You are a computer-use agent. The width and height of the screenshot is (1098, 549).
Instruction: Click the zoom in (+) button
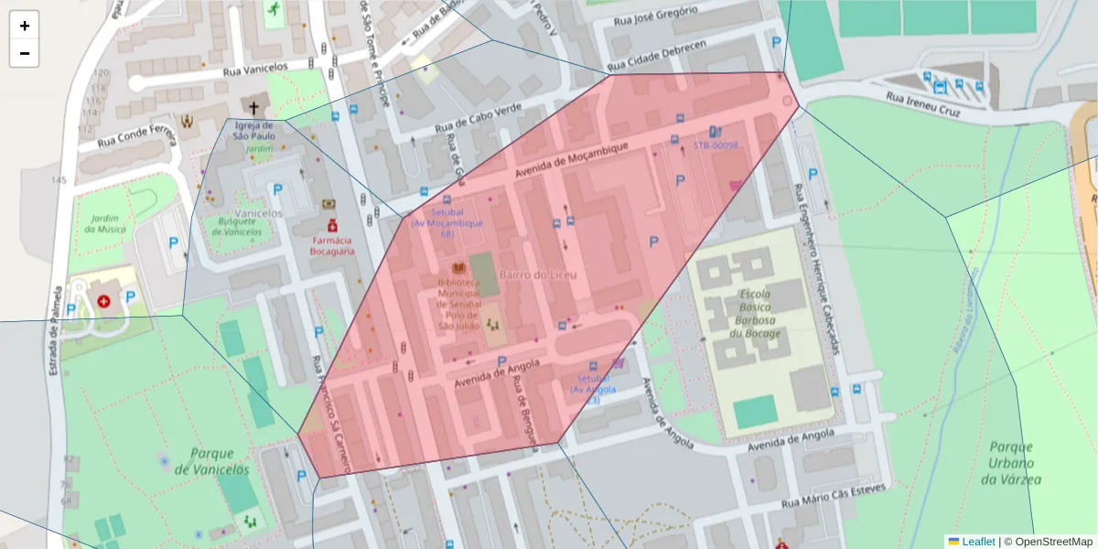[x=24, y=26]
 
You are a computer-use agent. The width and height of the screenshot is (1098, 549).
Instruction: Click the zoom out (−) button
[x=24, y=53]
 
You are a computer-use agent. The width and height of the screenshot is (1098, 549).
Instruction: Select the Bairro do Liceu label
[x=535, y=274]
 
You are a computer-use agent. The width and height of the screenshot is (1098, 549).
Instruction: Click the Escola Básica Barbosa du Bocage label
[x=753, y=315]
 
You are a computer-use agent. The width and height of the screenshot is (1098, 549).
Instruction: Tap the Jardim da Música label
[x=103, y=224]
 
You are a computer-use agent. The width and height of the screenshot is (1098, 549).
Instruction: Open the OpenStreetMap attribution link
[x=1048, y=542]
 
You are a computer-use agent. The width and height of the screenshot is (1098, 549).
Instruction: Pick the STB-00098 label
[x=716, y=145]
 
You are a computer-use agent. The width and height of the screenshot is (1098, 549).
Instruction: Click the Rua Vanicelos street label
[x=255, y=69]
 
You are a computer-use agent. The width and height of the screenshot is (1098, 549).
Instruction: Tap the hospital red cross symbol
[x=103, y=300]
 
